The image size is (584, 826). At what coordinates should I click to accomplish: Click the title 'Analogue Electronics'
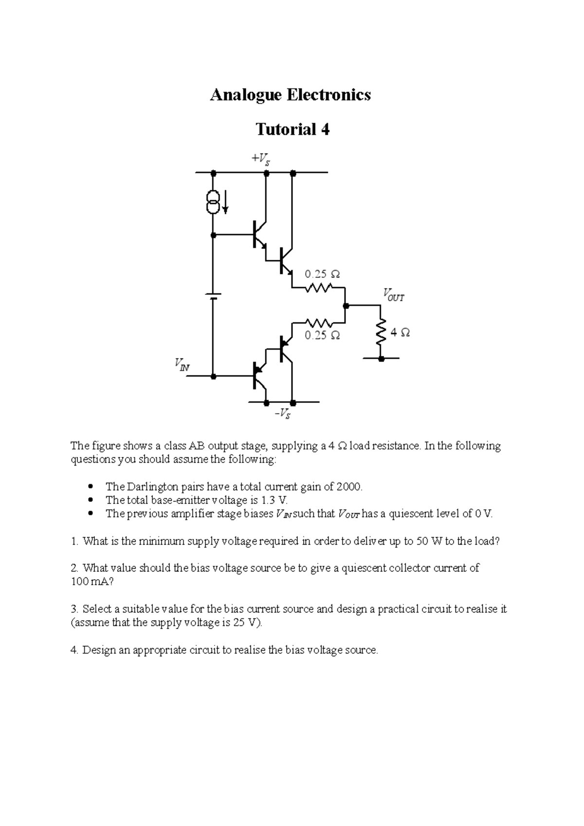[x=290, y=95]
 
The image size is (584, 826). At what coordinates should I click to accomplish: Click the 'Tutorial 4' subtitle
[x=292, y=129]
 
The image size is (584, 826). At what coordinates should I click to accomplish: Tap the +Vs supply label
[x=260, y=159]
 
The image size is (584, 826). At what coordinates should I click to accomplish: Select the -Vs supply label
[x=282, y=414]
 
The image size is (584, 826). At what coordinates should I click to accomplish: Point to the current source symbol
[x=213, y=202]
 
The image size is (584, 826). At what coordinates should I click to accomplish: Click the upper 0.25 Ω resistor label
[x=322, y=274]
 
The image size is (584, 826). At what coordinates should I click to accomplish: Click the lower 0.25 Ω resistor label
[x=322, y=336]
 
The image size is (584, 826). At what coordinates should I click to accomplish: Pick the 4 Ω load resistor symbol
[x=381, y=333]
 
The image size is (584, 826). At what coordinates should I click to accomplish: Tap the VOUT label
[x=393, y=295]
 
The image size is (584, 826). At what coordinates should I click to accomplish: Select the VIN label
[x=181, y=364]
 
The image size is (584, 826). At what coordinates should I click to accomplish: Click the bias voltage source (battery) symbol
[x=213, y=296]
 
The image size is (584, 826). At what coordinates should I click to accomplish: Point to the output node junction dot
[x=346, y=306]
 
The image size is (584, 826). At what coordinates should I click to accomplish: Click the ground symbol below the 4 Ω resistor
[x=381, y=359]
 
